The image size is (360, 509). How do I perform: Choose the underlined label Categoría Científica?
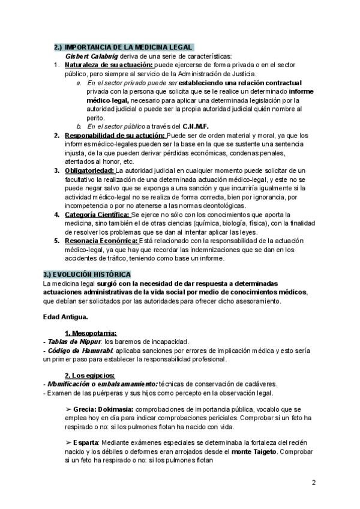pyautogui.click(x=97, y=214)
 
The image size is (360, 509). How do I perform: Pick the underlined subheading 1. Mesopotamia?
pyautogui.click(x=91, y=333)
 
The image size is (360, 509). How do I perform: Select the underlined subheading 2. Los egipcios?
pyautogui.click(x=89, y=375)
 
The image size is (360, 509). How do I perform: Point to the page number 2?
pyautogui.click(x=314, y=483)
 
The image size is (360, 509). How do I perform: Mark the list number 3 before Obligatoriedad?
pyautogui.click(x=57, y=171)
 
